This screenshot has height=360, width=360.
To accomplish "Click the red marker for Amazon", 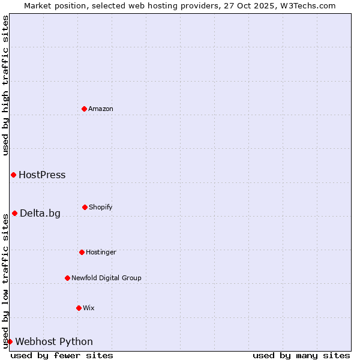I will tap(84, 109).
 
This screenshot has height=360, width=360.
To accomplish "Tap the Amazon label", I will tap(101, 109).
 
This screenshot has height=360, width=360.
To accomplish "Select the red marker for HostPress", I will tap(13, 175).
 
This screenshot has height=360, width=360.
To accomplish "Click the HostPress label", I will tap(42, 175).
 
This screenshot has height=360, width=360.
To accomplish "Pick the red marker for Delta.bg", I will tap(14, 213).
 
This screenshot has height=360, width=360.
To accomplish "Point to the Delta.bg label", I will tap(40, 214).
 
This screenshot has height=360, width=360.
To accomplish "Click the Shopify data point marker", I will tap(85, 207).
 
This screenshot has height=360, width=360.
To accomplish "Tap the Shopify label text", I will tap(101, 207).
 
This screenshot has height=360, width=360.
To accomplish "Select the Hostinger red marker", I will tap(82, 252).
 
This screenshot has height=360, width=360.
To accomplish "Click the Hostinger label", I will tap(101, 252).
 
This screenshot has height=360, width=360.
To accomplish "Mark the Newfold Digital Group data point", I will tap(67, 278).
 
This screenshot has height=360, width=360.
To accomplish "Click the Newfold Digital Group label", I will tap(106, 278).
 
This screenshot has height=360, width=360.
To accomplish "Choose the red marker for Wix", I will tap(79, 308).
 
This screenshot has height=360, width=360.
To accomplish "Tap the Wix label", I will tap(89, 308).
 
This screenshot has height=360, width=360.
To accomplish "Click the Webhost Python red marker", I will tap(10, 341).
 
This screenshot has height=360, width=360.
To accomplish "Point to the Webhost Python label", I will tap(54, 342).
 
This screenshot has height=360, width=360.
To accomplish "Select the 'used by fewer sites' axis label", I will tap(62, 355).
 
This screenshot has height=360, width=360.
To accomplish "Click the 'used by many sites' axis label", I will tap(301, 355).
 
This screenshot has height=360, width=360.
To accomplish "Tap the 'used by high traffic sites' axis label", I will tap(5, 85).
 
